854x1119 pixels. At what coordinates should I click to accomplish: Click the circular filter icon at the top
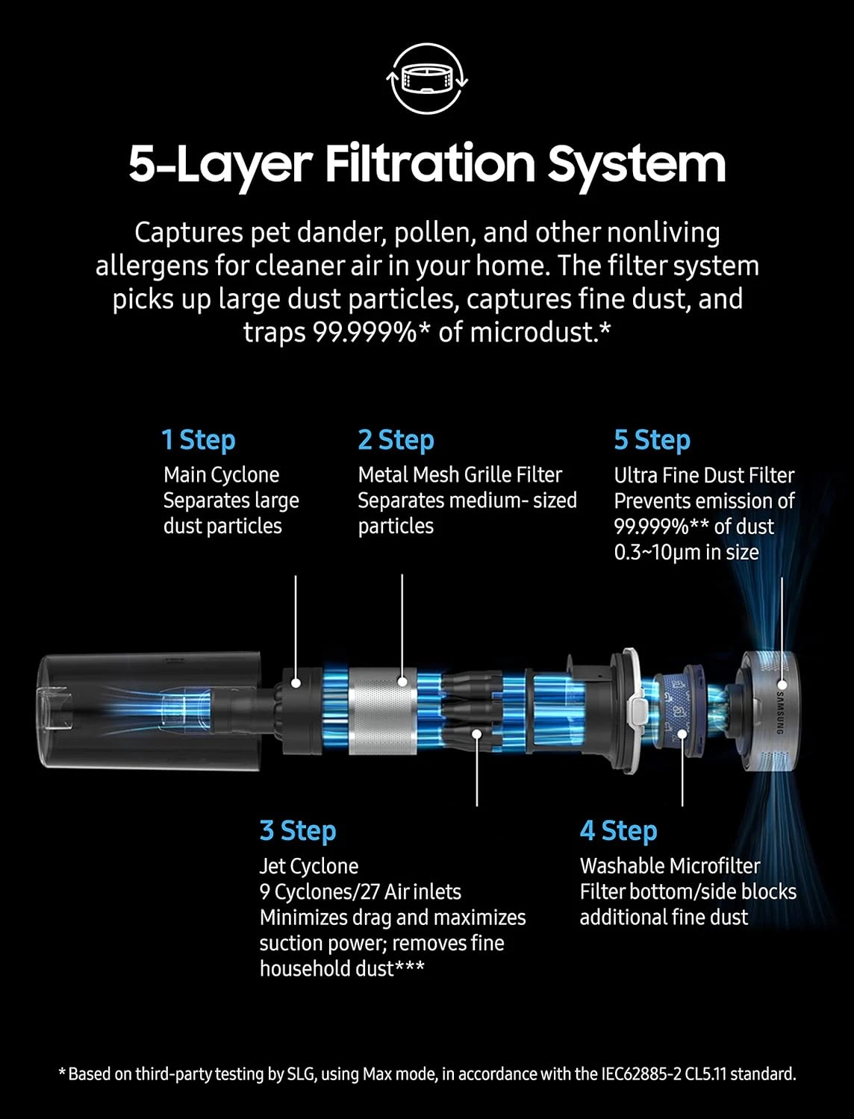(427, 78)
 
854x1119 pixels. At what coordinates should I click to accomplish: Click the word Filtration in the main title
(430, 164)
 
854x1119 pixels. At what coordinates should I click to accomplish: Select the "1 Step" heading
(199, 440)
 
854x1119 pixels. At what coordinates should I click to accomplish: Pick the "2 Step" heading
(396, 440)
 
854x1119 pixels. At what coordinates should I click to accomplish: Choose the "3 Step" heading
(298, 831)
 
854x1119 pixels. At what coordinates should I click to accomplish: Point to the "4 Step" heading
(618, 831)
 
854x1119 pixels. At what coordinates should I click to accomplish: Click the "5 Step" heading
(652, 440)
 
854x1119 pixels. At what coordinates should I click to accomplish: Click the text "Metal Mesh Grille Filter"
(460, 475)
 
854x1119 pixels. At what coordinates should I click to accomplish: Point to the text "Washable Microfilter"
(670, 866)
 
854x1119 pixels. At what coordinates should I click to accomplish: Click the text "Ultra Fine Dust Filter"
(704, 476)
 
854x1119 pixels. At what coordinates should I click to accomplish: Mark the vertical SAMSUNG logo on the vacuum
(779, 712)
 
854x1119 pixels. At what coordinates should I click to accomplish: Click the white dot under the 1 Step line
(296, 683)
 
